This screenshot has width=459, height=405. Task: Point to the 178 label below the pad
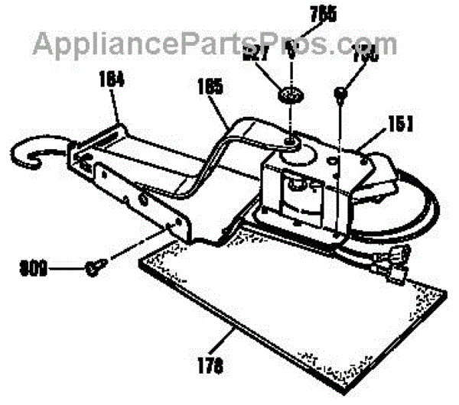point(214,368)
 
